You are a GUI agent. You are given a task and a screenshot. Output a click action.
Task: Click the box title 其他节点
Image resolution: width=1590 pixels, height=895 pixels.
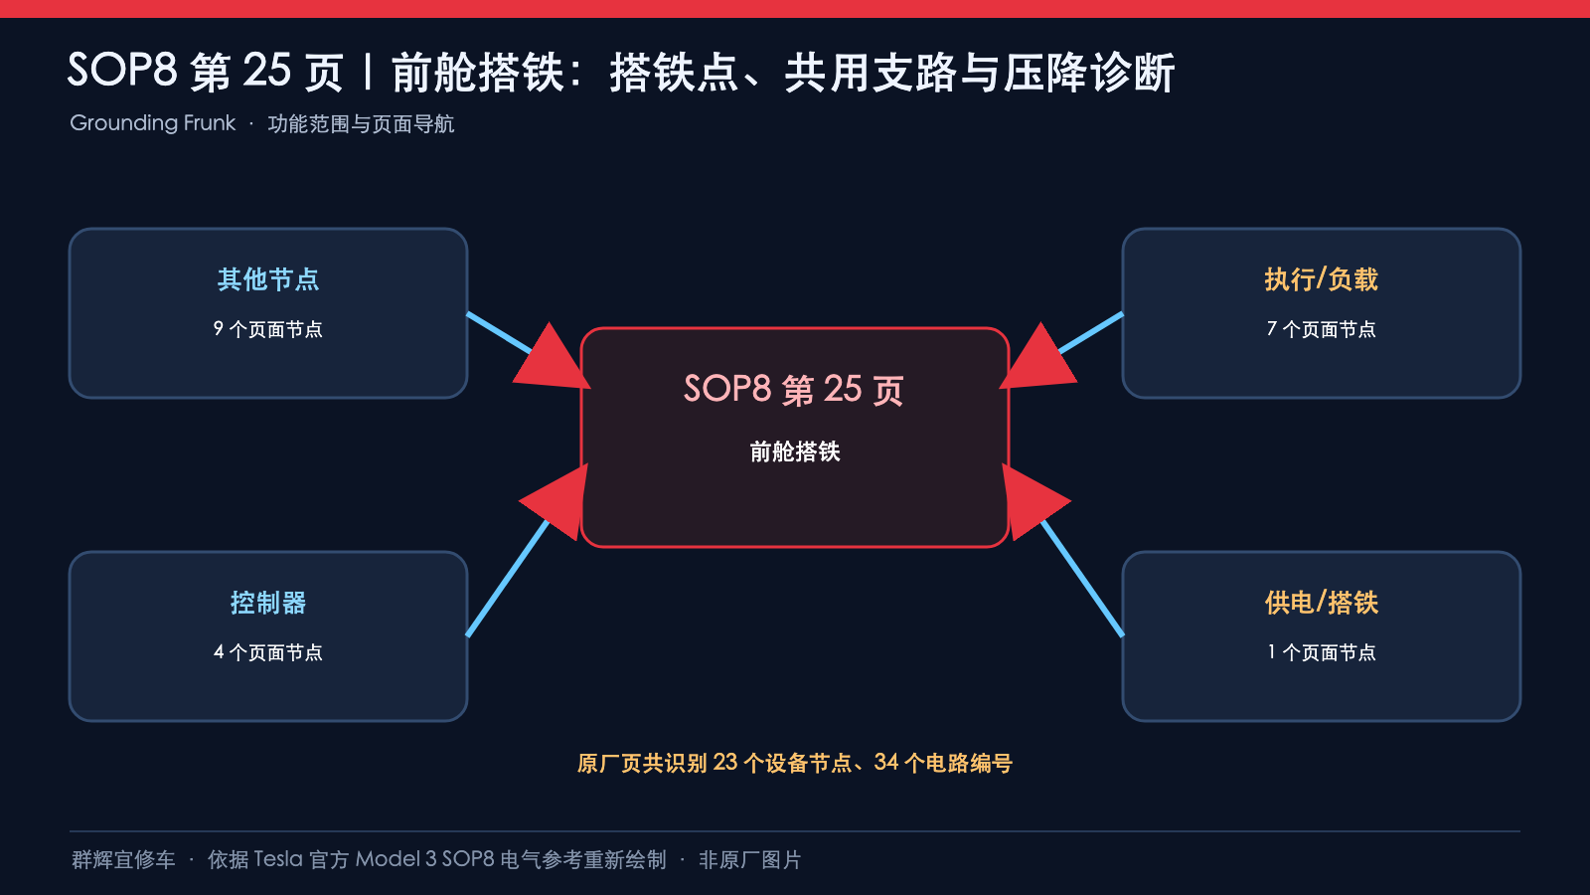268,279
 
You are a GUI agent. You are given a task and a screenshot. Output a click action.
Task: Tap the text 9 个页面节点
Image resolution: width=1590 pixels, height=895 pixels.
268,329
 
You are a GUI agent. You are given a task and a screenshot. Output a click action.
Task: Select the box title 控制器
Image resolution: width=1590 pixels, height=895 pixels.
268,603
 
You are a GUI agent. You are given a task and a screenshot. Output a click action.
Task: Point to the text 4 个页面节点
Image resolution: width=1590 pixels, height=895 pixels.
268,652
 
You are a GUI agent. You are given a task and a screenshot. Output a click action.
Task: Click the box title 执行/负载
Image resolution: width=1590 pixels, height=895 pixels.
1321,279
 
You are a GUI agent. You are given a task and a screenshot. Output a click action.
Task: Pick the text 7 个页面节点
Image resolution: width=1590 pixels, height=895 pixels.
1321,329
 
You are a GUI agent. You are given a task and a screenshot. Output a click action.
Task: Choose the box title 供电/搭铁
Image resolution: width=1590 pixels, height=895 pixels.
1321,603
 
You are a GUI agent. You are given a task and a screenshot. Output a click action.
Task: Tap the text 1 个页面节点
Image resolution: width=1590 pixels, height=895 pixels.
1321,652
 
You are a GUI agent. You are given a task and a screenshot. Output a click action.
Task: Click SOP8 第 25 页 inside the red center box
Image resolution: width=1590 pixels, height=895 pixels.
794,390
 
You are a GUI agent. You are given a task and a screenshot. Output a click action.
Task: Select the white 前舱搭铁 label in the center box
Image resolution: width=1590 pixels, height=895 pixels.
795,451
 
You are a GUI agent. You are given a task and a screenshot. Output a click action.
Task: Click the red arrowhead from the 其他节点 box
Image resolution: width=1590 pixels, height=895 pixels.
553,359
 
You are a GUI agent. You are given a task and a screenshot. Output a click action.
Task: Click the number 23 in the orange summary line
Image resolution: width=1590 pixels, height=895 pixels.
725,763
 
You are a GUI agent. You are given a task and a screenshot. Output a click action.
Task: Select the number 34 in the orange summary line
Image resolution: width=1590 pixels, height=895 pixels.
886,763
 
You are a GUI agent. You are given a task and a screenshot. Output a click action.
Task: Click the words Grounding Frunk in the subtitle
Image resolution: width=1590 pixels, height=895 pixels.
153,123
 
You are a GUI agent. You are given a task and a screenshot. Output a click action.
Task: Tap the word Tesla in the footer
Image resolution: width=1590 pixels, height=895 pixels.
278,859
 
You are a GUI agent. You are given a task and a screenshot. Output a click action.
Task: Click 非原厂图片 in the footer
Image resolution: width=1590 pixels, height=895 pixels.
750,860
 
